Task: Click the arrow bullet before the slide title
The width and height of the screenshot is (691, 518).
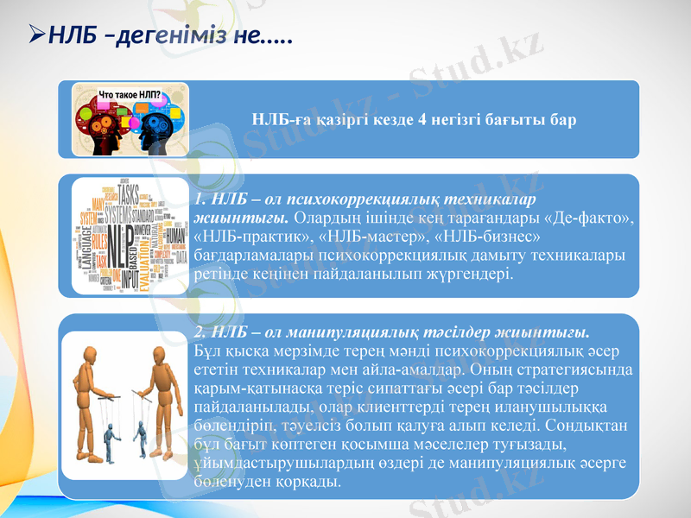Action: (37, 37)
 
